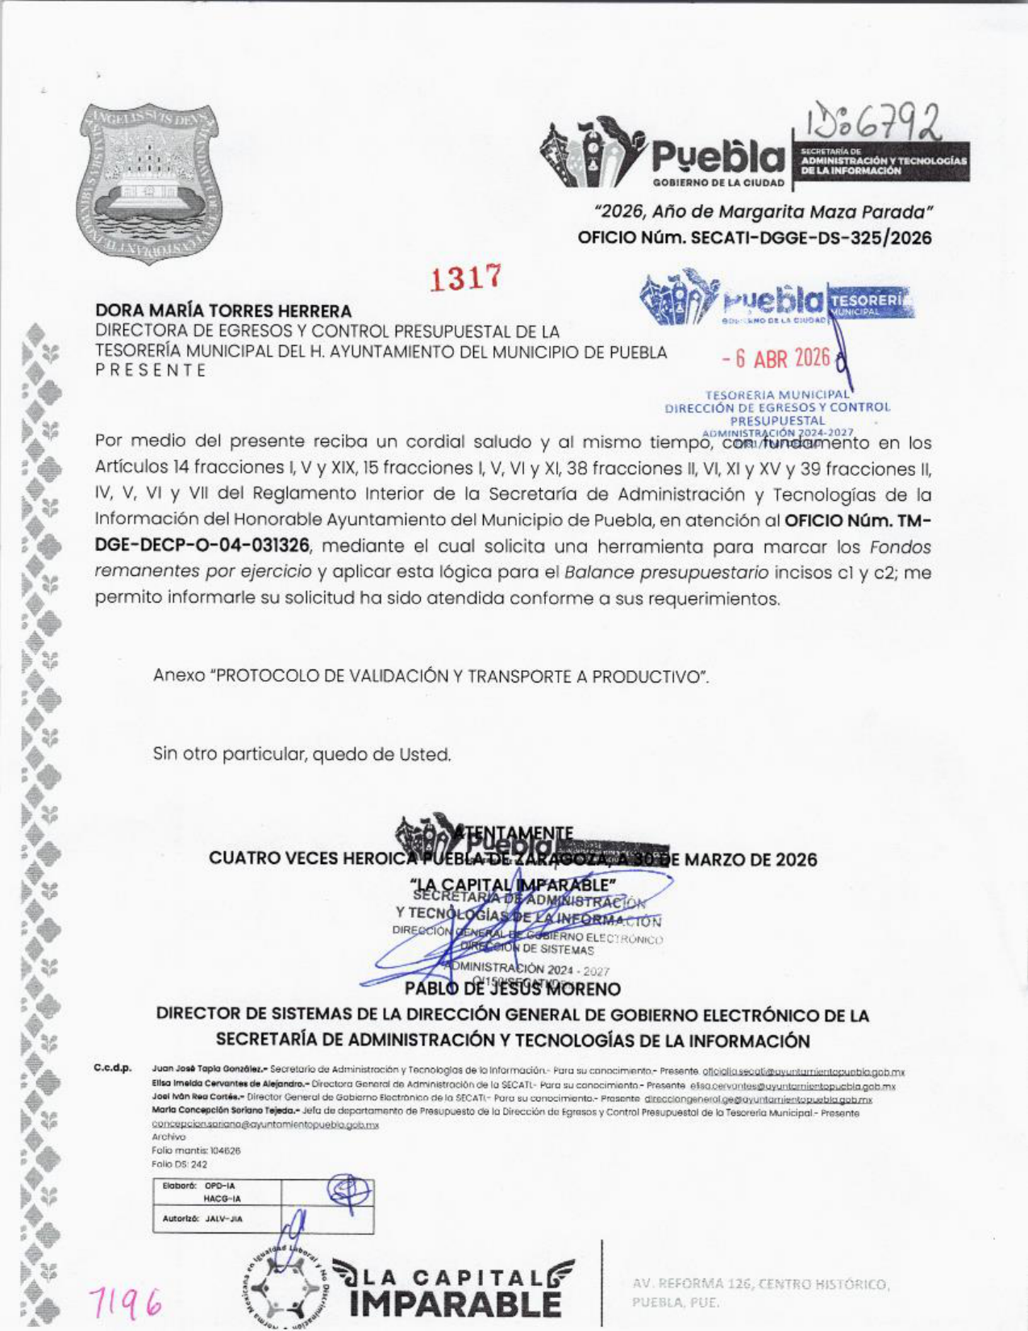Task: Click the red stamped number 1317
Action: point(466,279)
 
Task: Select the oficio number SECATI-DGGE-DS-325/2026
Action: point(811,239)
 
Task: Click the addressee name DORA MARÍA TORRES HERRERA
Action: point(223,311)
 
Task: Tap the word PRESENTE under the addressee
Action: point(150,370)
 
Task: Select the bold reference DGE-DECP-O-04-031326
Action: point(202,546)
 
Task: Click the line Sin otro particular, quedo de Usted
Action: point(302,755)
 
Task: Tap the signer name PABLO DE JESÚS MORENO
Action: point(513,988)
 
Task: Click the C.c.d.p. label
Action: point(113,1070)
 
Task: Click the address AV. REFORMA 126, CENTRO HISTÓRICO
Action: point(760,1283)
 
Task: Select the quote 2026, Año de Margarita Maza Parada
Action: point(762,212)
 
